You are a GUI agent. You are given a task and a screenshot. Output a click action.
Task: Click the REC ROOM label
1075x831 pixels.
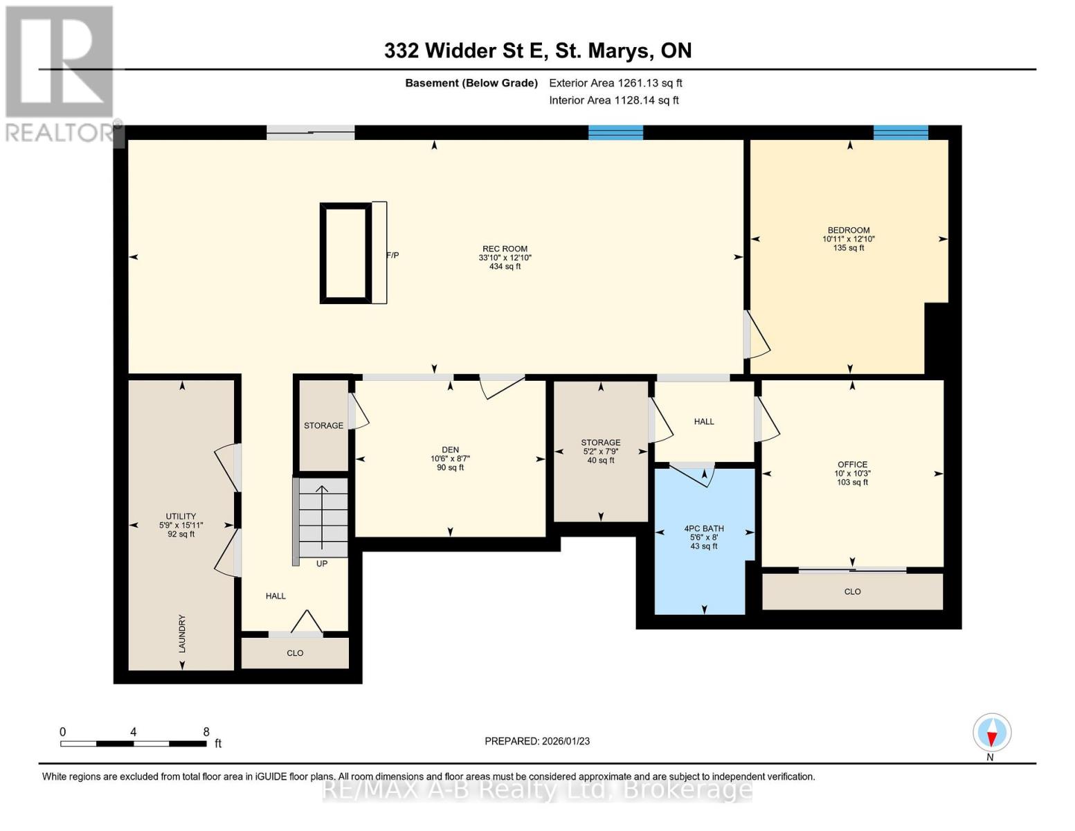[x=505, y=249]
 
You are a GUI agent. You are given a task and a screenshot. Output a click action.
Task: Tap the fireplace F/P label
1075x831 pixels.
[x=392, y=256]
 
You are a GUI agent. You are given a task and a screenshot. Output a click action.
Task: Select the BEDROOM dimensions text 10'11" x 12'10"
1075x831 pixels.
[x=849, y=239]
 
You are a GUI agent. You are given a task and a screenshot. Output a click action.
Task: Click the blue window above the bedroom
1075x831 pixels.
[x=901, y=133]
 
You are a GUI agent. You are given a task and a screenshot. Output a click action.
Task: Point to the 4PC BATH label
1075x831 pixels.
[x=704, y=528]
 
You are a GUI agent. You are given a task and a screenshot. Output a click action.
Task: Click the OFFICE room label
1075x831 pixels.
[x=852, y=465]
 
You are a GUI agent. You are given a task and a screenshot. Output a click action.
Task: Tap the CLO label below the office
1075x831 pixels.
[x=852, y=591]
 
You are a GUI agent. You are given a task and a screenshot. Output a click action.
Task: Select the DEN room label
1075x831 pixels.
[x=450, y=449]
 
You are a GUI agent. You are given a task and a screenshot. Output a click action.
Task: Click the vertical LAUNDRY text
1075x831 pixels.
[x=182, y=633]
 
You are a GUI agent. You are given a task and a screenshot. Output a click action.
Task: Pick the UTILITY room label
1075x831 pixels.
[x=181, y=516]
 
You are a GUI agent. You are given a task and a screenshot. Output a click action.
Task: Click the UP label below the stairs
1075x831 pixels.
[x=322, y=564]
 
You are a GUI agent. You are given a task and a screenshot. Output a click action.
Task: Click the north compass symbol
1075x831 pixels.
[x=991, y=733]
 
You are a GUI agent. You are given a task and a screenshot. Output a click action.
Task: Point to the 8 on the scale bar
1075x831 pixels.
[x=206, y=732]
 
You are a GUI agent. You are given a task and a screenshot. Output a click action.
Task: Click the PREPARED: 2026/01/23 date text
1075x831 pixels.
[x=537, y=741]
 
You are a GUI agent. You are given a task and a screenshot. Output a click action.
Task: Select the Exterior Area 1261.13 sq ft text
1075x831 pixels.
[x=615, y=83]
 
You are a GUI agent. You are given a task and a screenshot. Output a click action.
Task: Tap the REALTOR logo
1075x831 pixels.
[x=60, y=73]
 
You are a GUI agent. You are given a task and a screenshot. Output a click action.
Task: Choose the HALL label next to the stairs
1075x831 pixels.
[x=275, y=596]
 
